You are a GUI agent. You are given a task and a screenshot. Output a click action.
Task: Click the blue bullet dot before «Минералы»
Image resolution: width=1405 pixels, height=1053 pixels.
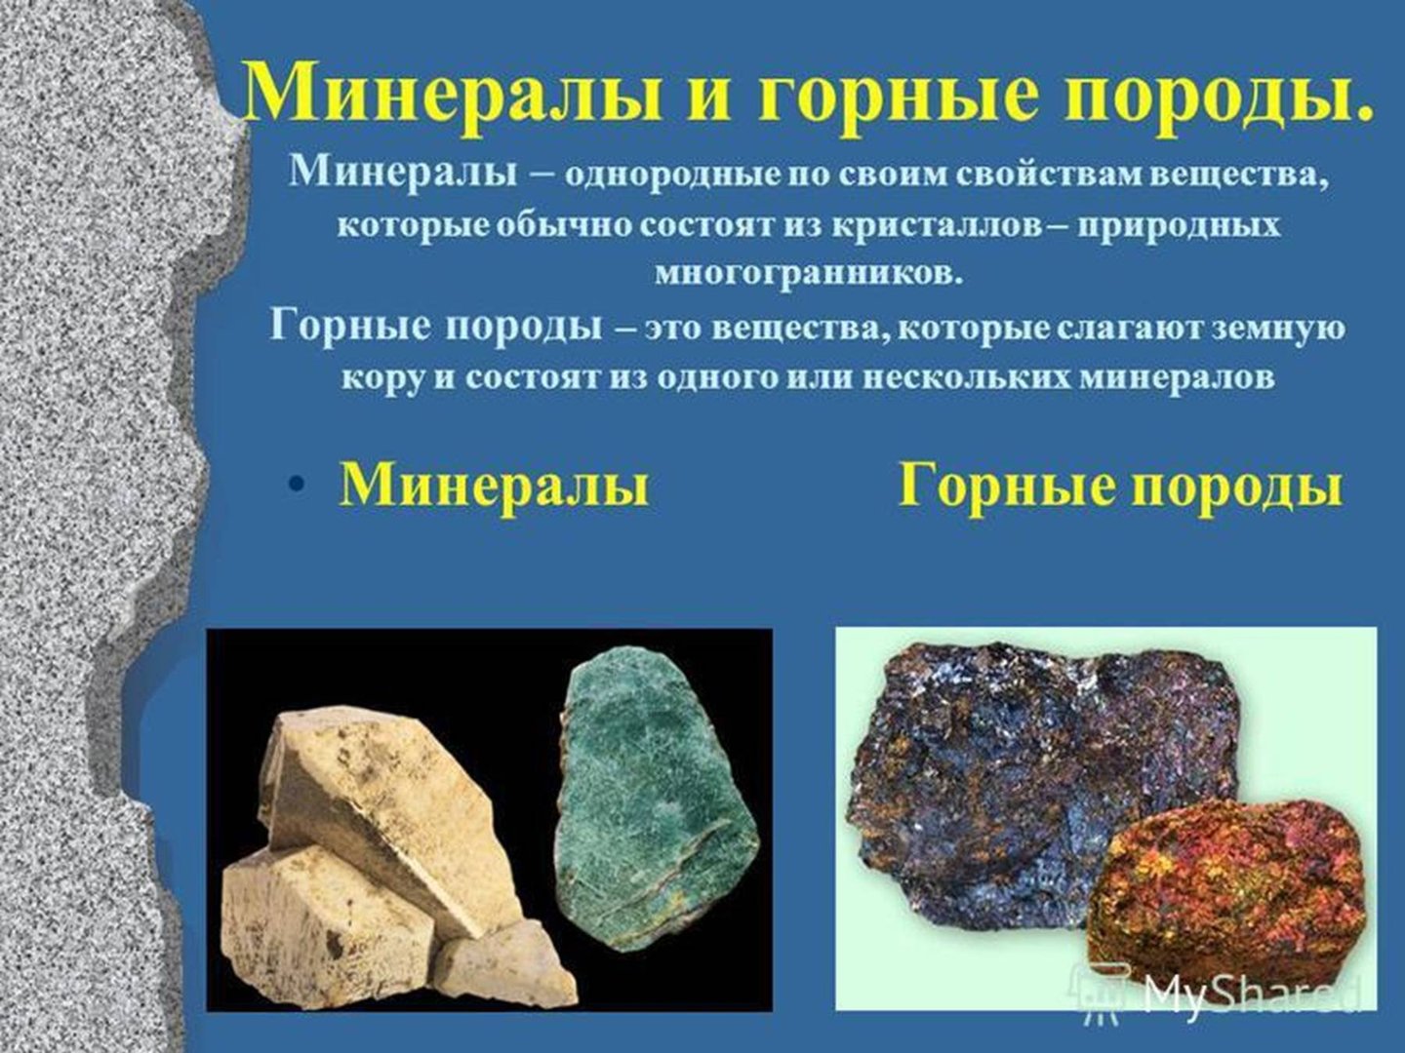pos(295,486)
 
